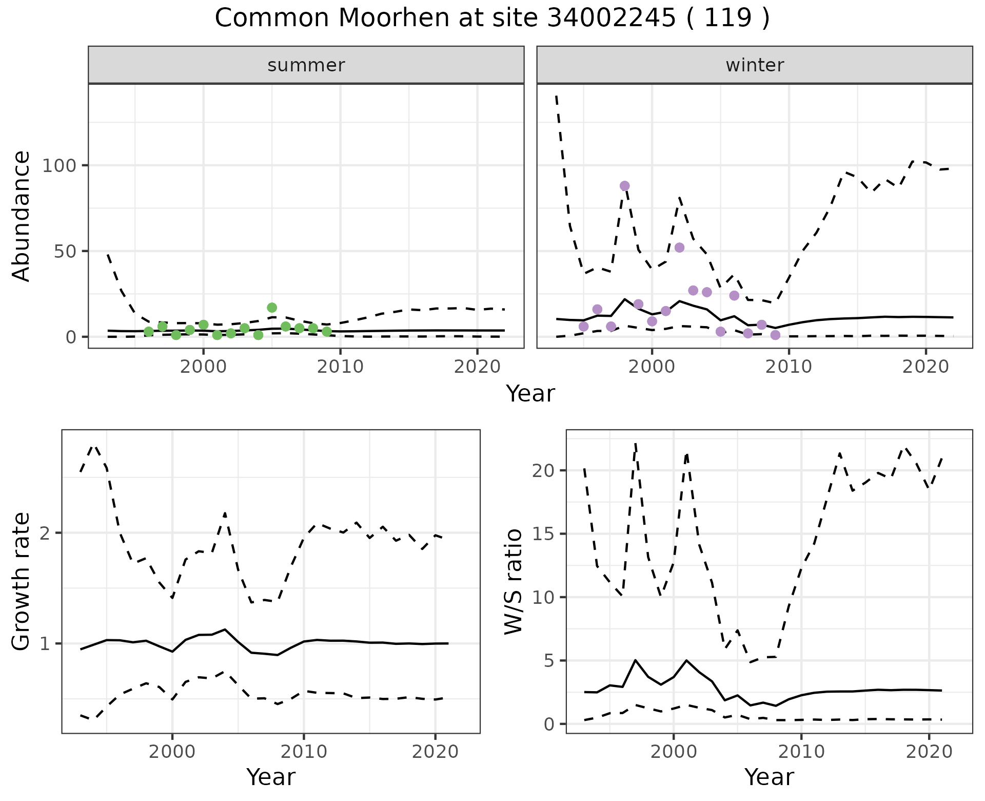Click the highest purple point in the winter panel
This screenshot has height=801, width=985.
pyautogui.click(x=624, y=186)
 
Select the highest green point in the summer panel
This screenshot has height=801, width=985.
pyautogui.click(x=272, y=308)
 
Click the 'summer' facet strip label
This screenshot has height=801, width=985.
pyautogui.click(x=306, y=65)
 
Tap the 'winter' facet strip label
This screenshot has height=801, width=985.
pyautogui.click(x=755, y=65)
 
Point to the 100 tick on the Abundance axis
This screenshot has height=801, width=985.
pyautogui.click(x=59, y=165)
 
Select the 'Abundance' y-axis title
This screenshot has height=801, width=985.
pyautogui.click(x=22, y=216)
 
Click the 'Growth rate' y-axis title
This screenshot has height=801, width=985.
pyautogui.click(x=22, y=582)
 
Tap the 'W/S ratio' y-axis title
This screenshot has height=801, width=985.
pyautogui.click(x=514, y=582)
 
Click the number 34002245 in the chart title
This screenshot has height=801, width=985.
pyautogui.click(x=610, y=18)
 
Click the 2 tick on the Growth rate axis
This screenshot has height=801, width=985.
pyautogui.click(x=45, y=533)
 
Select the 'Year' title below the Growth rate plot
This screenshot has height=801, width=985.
pyautogui.click(x=271, y=777)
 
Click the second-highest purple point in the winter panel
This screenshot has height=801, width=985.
pyautogui.click(x=679, y=247)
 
